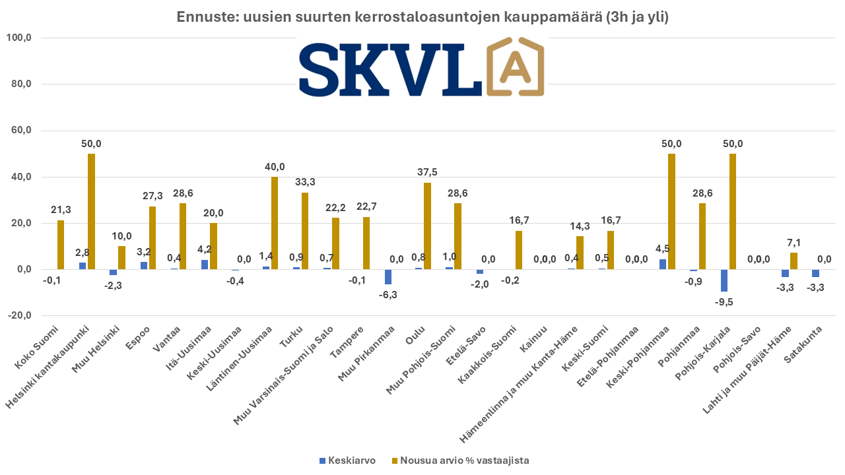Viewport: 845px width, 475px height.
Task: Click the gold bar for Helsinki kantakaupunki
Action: [91, 211]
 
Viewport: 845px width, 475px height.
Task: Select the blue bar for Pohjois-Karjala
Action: [724, 280]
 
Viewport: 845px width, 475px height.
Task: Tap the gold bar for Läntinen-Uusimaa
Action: [274, 223]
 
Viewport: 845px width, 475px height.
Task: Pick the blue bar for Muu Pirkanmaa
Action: [388, 277]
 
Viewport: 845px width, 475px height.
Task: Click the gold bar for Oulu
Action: [426, 226]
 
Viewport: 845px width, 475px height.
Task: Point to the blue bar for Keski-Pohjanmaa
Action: [663, 264]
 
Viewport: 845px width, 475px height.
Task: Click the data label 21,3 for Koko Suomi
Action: [61, 210]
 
